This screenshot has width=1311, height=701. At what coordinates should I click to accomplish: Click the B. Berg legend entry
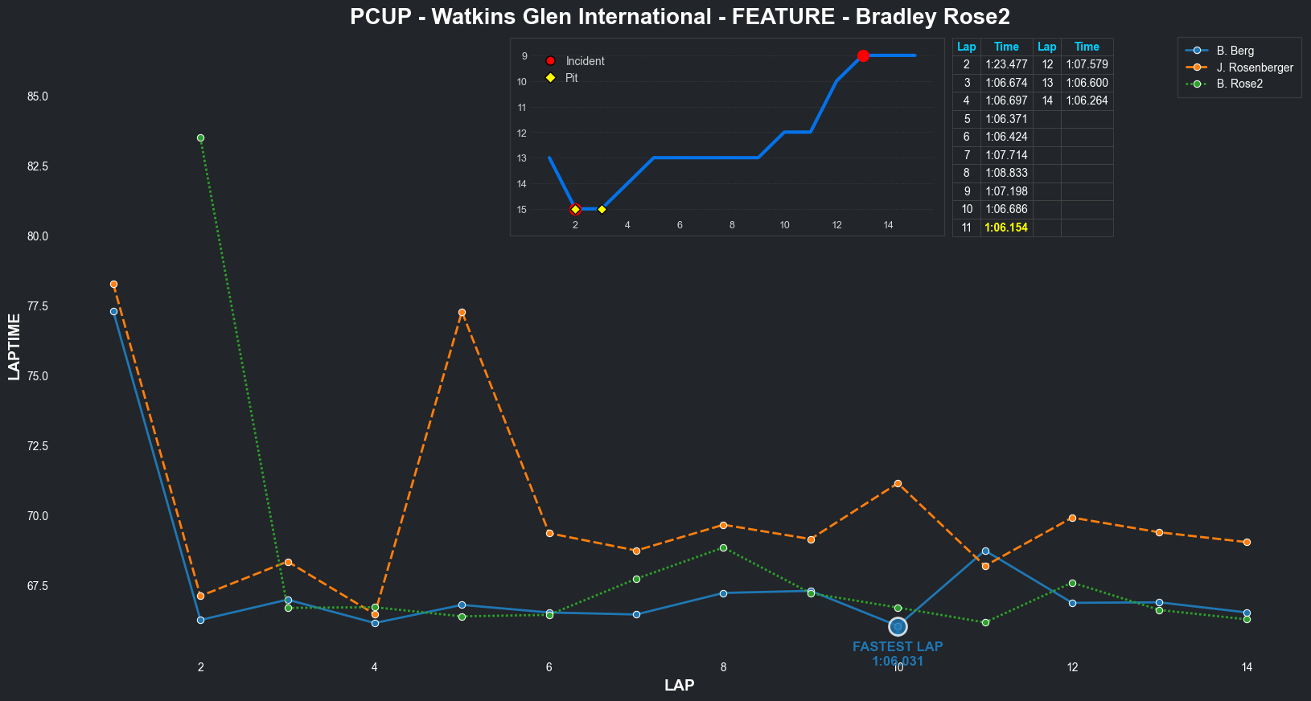(x=1235, y=51)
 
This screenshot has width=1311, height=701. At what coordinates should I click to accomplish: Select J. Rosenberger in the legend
(x=1254, y=68)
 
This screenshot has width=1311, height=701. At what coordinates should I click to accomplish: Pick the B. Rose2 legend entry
(x=1239, y=84)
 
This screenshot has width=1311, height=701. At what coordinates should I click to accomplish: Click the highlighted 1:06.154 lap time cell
(x=1006, y=228)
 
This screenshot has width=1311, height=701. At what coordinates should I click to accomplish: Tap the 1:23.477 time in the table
(x=1006, y=64)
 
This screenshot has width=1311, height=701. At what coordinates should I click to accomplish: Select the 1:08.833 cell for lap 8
(x=1006, y=173)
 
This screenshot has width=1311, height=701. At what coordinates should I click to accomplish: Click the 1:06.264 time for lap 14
(x=1087, y=100)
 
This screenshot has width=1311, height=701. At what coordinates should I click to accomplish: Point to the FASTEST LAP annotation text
(x=898, y=647)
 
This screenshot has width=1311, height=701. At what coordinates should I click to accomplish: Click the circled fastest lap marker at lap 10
(x=898, y=626)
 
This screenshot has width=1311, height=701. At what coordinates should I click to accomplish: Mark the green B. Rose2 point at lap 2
(x=200, y=137)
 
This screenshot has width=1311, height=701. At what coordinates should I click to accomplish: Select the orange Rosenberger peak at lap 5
(x=462, y=312)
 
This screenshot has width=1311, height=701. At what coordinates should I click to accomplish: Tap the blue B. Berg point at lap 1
(x=113, y=311)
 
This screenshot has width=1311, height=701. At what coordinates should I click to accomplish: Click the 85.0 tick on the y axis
(x=38, y=96)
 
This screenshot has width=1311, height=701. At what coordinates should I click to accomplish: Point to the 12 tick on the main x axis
(x=1072, y=667)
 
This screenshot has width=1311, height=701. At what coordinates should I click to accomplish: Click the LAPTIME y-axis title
(x=14, y=346)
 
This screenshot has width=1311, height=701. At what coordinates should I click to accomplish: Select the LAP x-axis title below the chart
(x=679, y=686)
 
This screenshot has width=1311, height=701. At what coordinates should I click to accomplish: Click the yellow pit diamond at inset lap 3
(x=602, y=210)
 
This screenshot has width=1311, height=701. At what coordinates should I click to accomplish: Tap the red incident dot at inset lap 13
(x=863, y=55)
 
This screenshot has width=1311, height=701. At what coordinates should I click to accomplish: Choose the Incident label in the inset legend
(x=585, y=61)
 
